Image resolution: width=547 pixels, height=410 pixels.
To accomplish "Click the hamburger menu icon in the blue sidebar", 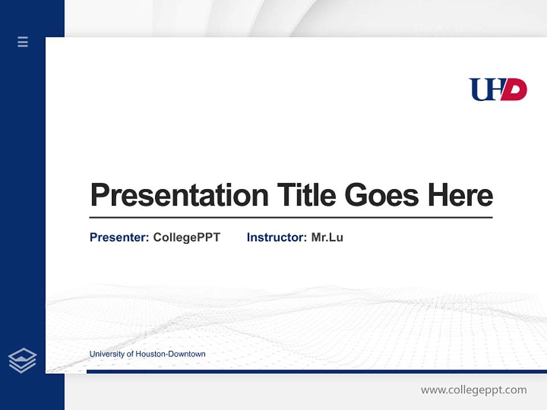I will [x=23, y=42].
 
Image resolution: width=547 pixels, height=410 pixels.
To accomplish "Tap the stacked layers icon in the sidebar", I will [x=22, y=360].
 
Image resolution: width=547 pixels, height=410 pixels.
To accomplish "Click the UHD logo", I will [x=497, y=89].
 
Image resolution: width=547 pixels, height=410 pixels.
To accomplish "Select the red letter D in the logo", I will [x=516, y=90].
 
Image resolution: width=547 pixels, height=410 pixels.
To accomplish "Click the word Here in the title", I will [x=460, y=195].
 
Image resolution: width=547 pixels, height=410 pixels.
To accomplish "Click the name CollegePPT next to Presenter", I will [x=186, y=237].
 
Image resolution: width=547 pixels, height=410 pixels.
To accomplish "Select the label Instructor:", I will [x=277, y=237].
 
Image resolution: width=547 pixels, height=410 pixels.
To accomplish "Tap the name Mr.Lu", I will [x=327, y=237].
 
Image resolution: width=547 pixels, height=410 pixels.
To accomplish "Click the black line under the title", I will [x=291, y=217].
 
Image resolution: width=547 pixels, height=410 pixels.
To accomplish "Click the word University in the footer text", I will [x=107, y=354].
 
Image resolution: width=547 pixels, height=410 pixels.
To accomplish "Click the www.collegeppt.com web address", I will [x=473, y=390].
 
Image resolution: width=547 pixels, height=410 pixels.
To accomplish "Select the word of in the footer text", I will [x=130, y=354].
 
